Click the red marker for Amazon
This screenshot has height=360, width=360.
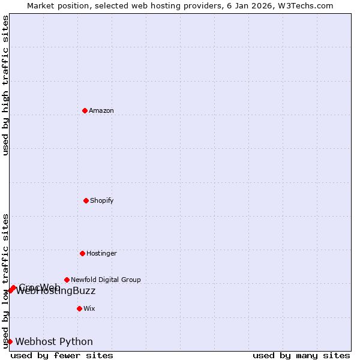[85, 110]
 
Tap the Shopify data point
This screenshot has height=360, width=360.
[86, 200]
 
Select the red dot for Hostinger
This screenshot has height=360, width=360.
[82, 253]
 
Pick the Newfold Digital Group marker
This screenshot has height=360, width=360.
[67, 280]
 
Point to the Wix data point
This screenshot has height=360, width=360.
[79, 308]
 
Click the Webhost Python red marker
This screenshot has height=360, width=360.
[10, 341]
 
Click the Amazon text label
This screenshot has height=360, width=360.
[101, 110]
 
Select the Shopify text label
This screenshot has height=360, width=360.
[102, 200]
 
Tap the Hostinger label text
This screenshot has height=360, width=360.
[101, 253]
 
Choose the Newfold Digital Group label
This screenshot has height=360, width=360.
[106, 280]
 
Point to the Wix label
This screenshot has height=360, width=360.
[89, 308]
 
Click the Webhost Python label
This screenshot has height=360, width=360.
[54, 342]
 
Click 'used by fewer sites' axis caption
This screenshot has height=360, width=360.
[62, 355]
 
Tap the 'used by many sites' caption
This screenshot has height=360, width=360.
[301, 355]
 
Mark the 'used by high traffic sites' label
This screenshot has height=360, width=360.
[5, 85]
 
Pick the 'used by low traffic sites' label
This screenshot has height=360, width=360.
[5, 280]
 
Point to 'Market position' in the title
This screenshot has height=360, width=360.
[57, 5]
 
